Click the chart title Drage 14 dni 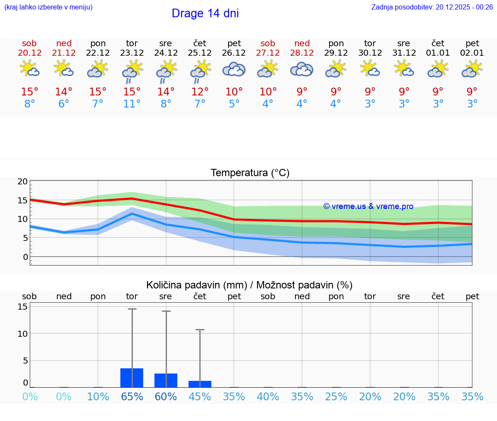(205, 13)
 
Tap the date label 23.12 (132, 53)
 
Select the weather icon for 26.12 (234, 70)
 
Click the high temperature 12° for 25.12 (200, 92)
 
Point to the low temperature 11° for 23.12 (132, 104)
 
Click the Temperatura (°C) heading (250, 173)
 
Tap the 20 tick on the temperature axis (22, 181)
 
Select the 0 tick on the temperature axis (25, 257)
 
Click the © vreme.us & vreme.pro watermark (368, 206)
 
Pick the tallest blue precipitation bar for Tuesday (132, 378)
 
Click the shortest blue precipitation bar (200, 384)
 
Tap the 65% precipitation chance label (132, 397)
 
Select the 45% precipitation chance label (200, 397)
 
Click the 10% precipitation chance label (98, 397)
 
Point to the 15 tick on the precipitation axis (22, 307)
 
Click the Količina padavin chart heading (249, 285)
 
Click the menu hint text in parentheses (48, 7)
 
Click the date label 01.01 (438, 53)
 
